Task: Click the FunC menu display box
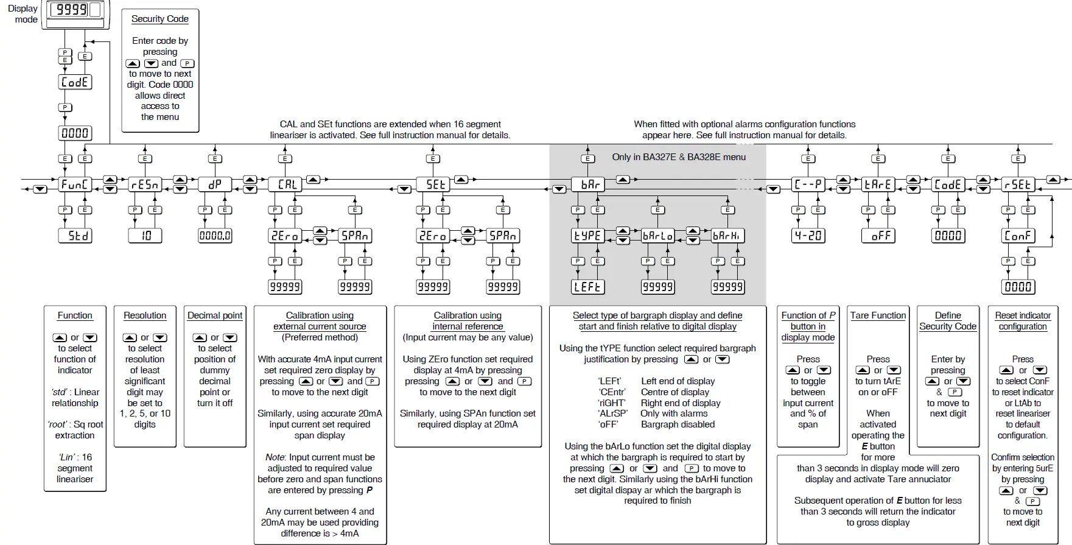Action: tap(75, 185)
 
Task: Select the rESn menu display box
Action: tap(145, 185)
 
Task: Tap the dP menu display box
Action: tap(215, 185)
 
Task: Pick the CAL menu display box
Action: tap(285, 185)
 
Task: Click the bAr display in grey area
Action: tap(587, 185)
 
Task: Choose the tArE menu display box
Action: tap(878, 185)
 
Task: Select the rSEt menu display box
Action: tap(1018, 185)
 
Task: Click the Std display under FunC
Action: tap(75, 236)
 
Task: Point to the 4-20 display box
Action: tap(808, 236)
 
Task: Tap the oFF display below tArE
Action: tap(878, 236)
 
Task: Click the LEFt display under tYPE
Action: tap(587, 287)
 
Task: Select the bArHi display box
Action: tap(727, 236)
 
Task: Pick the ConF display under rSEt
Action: tap(1018, 236)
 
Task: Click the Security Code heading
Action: tap(160, 19)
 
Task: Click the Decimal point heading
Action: tap(215, 315)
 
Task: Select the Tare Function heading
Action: tap(878, 315)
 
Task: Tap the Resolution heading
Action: tap(145, 315)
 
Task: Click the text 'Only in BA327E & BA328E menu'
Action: tap(679, 157)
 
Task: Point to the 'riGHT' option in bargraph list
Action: tap(612, 403)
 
